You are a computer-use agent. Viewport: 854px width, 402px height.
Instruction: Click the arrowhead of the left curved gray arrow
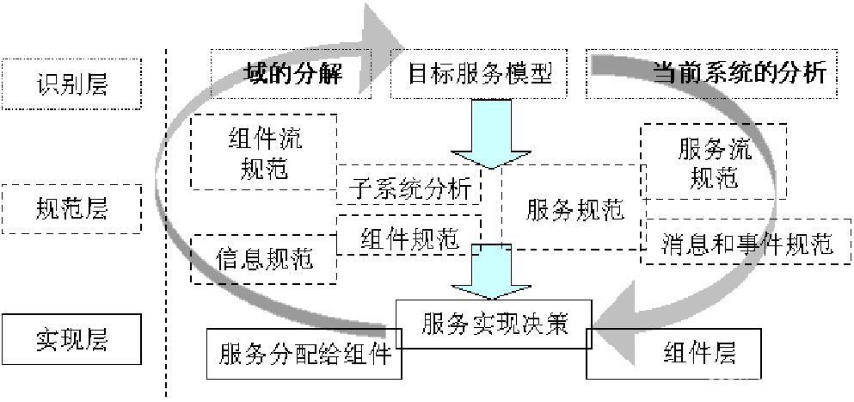pos(378,47)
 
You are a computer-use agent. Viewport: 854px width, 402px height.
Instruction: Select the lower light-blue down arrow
pos(491,272)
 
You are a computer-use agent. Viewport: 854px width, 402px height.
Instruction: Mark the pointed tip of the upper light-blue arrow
pos(491,165)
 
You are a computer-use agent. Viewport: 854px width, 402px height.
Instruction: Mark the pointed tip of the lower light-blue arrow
pos(491,297)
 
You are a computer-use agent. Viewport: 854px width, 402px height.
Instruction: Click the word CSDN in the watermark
pos(727,385)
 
